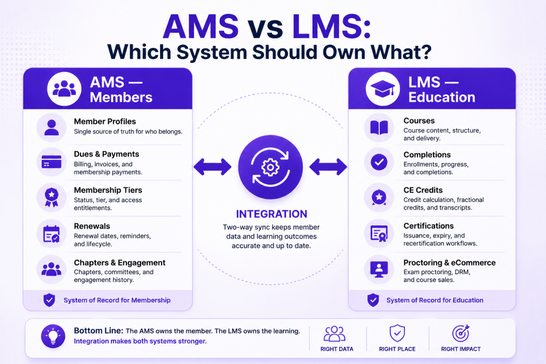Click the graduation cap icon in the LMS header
pyautogui.click(x=382, y=89)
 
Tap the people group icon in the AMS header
pyautogui.click(x=64, y=88)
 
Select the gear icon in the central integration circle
pyautogui.click(x=270, y=167)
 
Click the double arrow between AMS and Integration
pyautogui.click(x=212, y=167)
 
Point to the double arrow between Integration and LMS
pyautogui.click(x=328, y=167)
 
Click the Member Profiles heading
pyautogui.click(x=105, y=122)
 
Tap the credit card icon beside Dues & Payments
pyautogui.click(x=52, y=162)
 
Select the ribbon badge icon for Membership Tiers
pyautogui.click(x=52, y=198)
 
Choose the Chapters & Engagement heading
pyautogui.click(x=119, y=263)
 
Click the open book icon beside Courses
pyautogui.click(x=379, y=128)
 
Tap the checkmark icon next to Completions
pyautogui.click(x=379, y=162)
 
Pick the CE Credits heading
pyautogui.click(x=423, y=190)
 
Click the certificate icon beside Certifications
pyautogui.click(x=379, y=233)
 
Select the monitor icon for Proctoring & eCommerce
pyautogui.click(x=379, y=269)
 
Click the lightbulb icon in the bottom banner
pyautogui.click(x=53, y=336)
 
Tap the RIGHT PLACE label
pyautogui.click(x=397, y=349)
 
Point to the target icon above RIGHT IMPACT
pyautogui.click(x=461, y=334)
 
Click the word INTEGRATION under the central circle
pyautogui.click(x=271, y=214)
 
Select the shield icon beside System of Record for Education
pyautogui.click(x=373, y=300)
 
